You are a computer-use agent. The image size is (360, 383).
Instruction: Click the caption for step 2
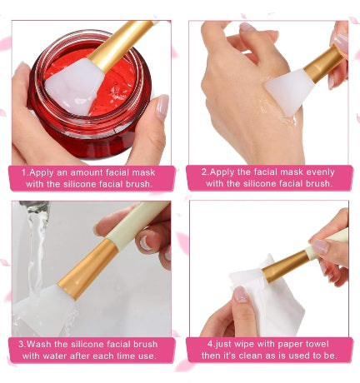pyautogui.click(x=268, y=177)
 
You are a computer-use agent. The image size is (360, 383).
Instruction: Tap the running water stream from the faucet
pyautogui.click(x=35, y=250)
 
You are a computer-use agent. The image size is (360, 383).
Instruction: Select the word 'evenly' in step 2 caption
pyautogui.click(x=317, y=171)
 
